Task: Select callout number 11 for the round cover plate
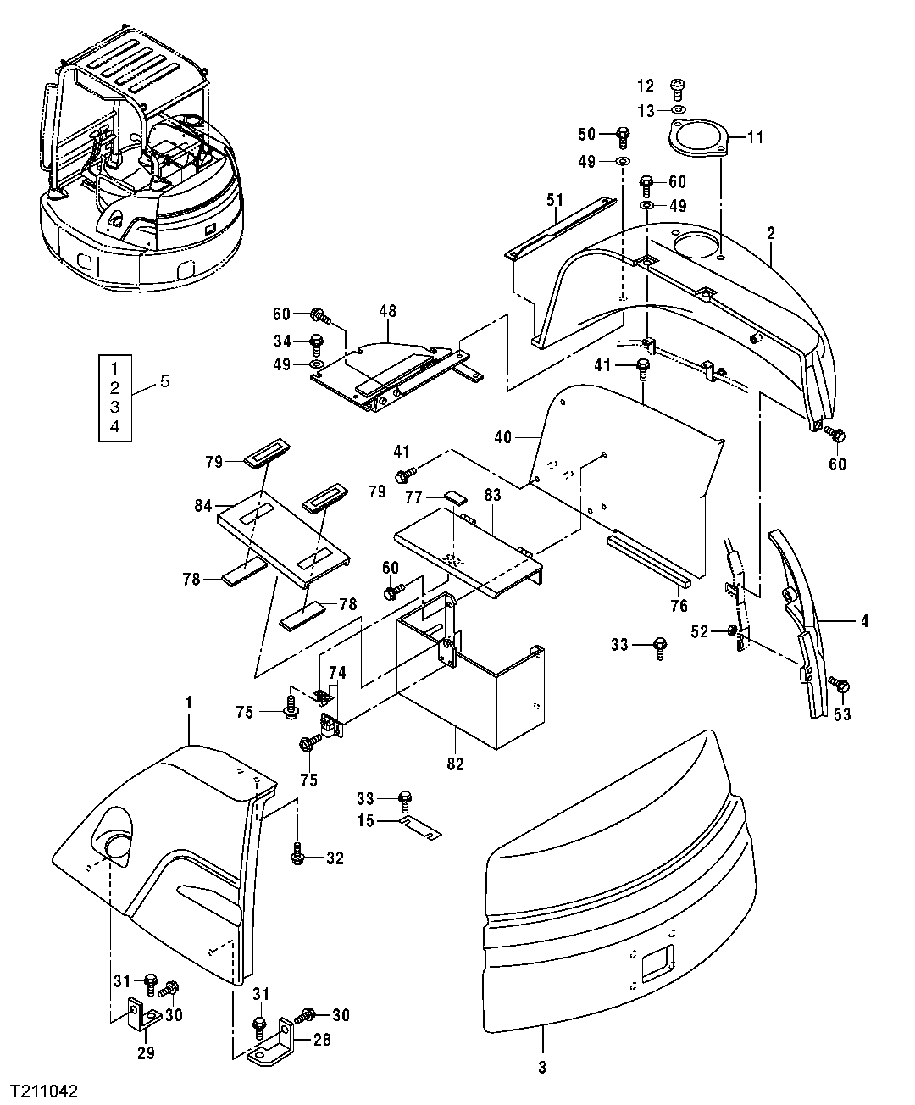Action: pos(755,136)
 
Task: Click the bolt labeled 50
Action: pos(623,134)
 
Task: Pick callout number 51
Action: pos(555,201)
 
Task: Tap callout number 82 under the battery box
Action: pos(455,764)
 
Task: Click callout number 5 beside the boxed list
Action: pos(164,382)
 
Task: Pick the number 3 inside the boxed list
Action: pos(115,407)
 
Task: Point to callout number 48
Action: pos(387,312)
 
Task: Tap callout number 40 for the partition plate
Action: pos(503,438)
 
